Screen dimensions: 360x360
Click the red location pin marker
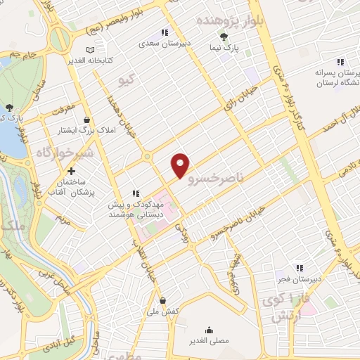(x=181, y=165)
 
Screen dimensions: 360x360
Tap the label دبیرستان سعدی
(x=164, y=44)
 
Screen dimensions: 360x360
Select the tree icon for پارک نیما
(x=224, y=37)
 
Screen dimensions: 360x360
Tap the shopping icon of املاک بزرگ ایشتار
(x=86, y=120)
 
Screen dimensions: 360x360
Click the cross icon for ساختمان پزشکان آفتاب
(x=70, y=172)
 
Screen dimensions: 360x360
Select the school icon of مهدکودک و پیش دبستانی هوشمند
(x=136, y=193)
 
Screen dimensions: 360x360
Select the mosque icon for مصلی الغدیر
(x=208, y=329)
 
